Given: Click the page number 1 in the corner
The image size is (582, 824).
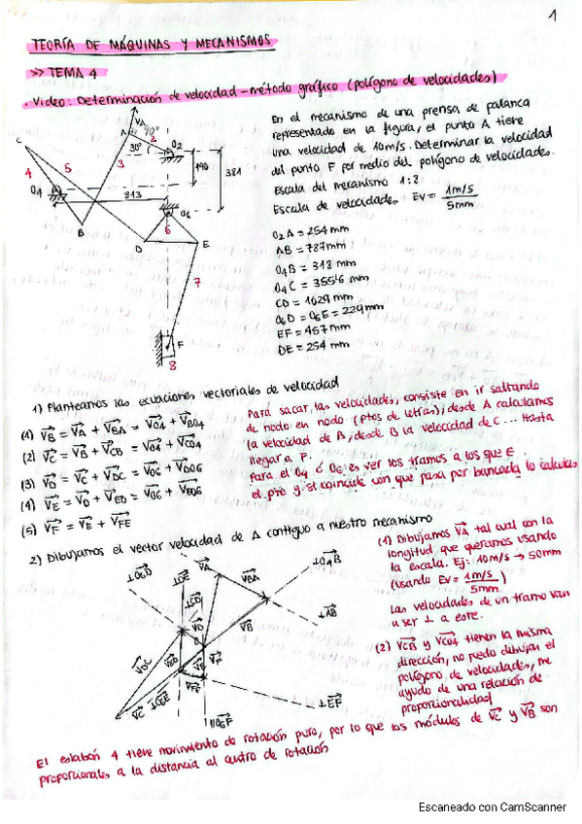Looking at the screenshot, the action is [x=551, y=17].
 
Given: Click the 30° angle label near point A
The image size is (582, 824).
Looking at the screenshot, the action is [x=135, y=148].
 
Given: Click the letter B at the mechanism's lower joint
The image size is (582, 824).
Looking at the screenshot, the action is [x=82, y=231].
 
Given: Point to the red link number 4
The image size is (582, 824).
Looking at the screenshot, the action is [x=29, y=172].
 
